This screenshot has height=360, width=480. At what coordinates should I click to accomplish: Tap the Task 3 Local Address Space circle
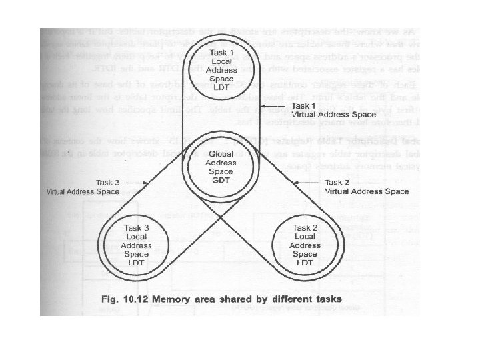point(136,245)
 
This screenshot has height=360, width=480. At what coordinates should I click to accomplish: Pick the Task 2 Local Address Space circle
point(305,245)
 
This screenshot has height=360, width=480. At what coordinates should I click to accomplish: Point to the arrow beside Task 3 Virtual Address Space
point(136,181)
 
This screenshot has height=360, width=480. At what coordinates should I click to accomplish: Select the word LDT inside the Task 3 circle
point(136,263)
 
